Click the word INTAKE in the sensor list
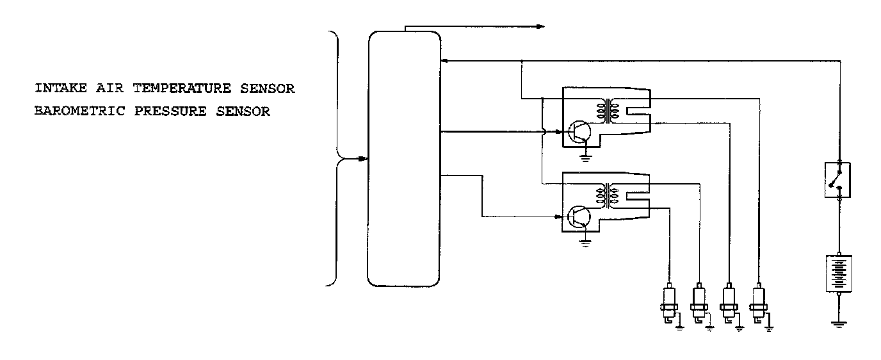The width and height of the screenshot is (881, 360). (56, 88)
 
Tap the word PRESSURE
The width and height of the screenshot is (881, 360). (167, 111)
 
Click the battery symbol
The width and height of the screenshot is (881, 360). (839, 274)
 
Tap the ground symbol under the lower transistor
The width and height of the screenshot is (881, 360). (585, 242)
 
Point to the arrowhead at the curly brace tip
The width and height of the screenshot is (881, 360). (363, 158)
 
